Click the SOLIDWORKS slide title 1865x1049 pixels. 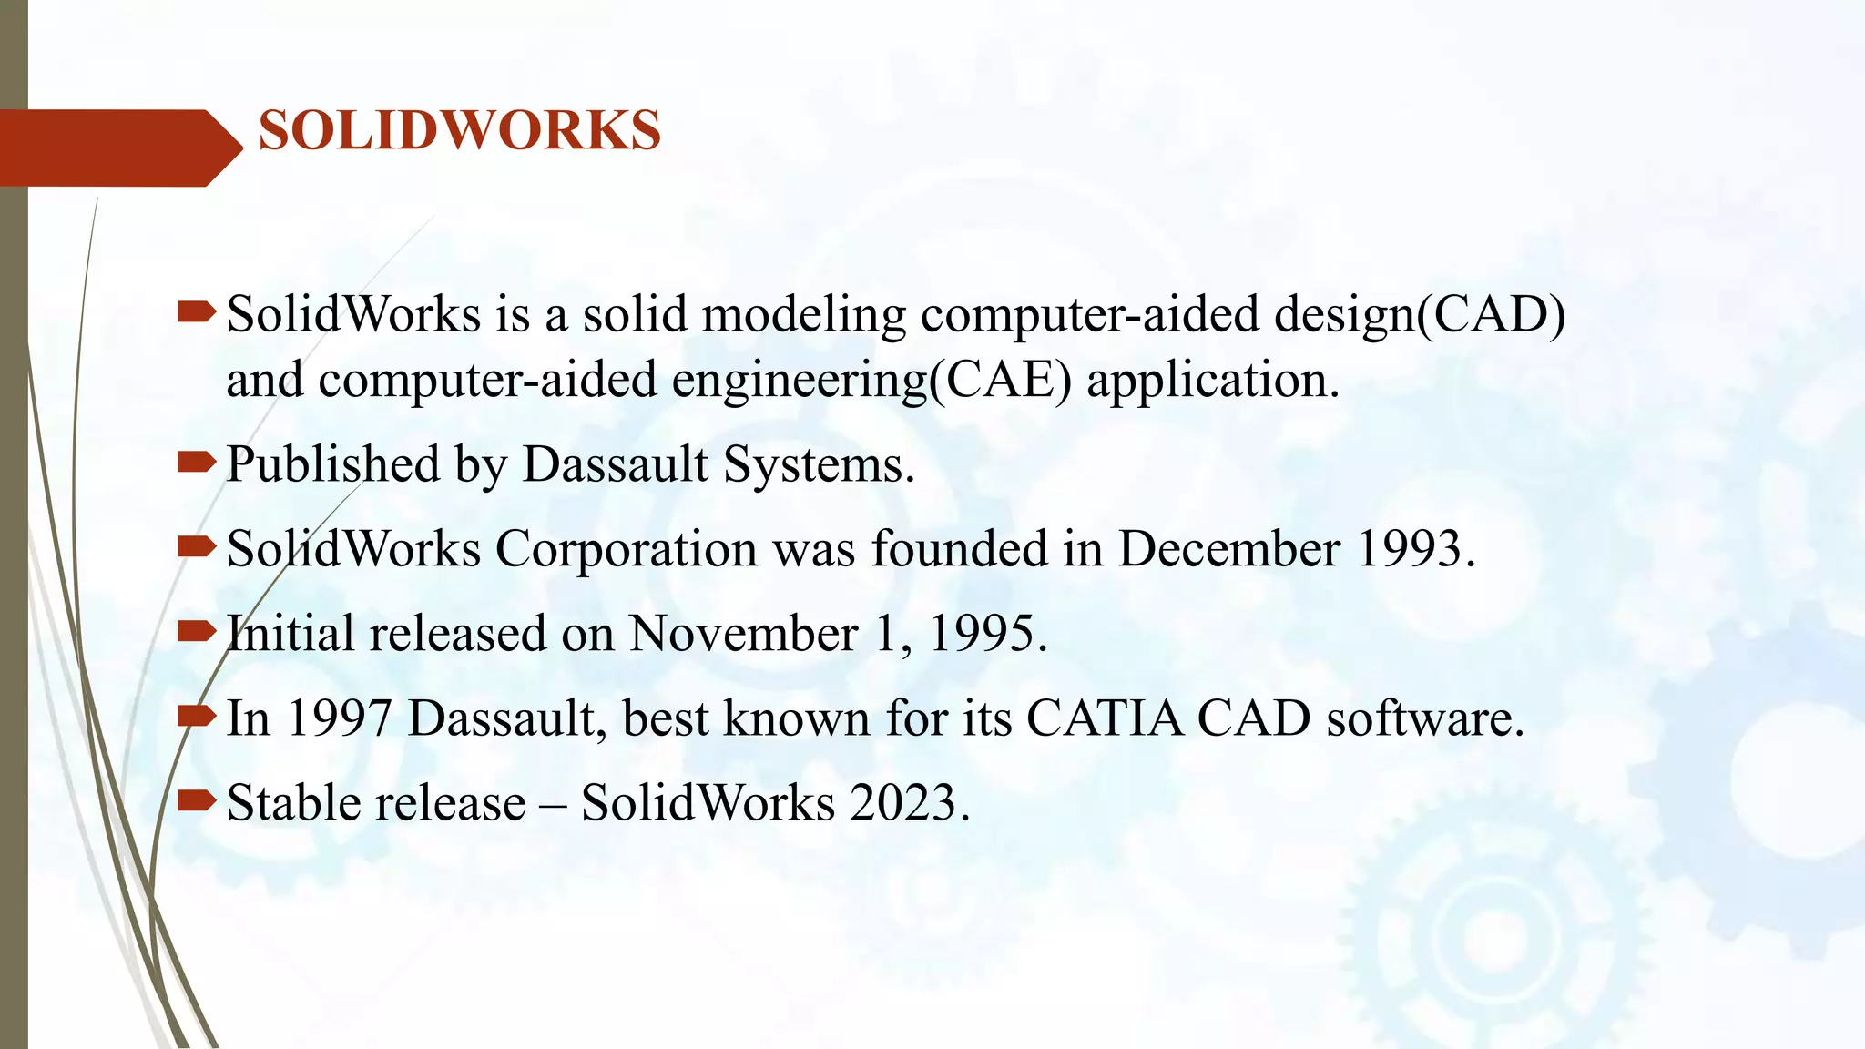(460, 130)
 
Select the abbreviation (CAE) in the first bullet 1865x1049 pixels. (1001, 380)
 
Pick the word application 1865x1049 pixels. (1212, 382)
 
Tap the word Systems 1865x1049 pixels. (819, 466)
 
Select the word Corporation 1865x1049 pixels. (626, 550)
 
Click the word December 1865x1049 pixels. (1229, 549)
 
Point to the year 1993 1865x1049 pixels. (1414, 549)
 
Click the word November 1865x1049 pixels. (743, 634)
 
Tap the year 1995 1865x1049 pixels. (987, 634)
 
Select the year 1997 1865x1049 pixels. (340, 718)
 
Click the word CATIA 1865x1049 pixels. (1105, 718)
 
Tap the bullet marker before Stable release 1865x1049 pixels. (196, 800)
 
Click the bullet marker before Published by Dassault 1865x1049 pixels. (196, 463)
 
